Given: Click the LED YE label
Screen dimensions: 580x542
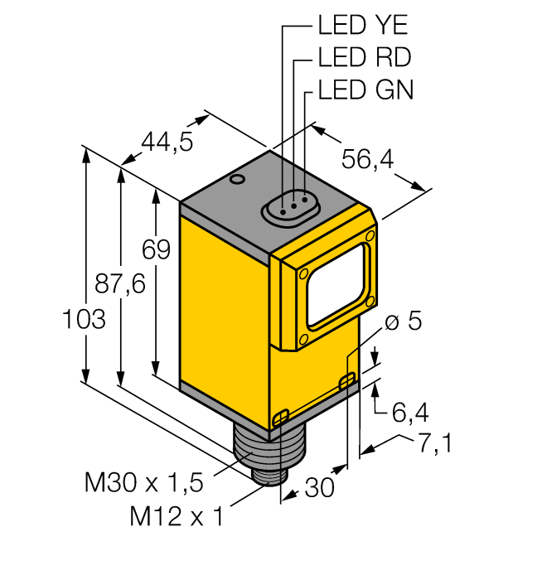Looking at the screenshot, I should click(x=363, y=26).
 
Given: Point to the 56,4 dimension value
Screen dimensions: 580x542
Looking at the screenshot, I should click(x=369, y=160).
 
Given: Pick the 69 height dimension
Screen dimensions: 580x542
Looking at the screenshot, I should click(x=155, y=249).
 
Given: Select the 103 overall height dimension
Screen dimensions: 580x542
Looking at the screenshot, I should click(x=84, y=319).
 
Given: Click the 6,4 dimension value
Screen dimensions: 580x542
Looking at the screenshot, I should click(x=412, y=410).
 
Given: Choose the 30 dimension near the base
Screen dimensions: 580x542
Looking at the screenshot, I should click(x=316, y=488).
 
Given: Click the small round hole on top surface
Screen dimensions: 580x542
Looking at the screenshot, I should click(x=237, y=178).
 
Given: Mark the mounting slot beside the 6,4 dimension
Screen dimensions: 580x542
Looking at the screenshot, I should click(x=348, y=380).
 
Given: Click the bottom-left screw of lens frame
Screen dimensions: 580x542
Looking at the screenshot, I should click(x=303, y=339).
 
